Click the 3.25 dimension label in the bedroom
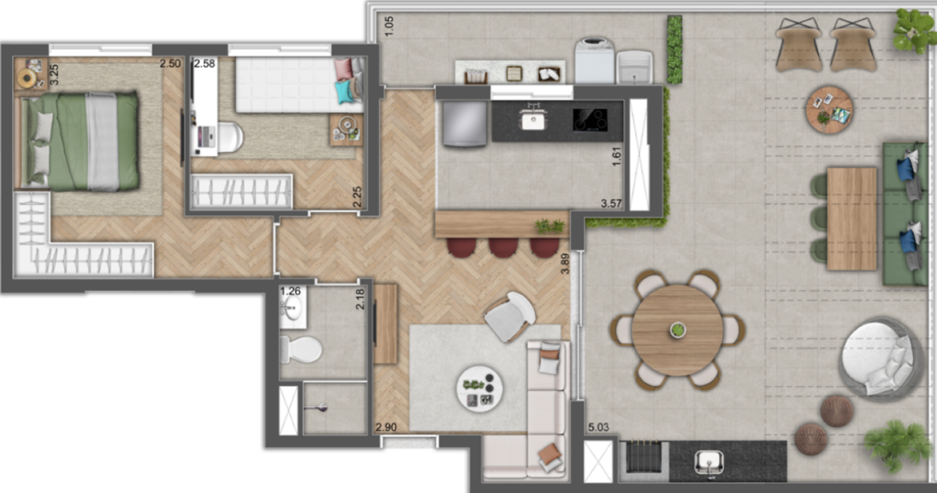click(x=54, y=74)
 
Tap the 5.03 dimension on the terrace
click(x=598, y=426)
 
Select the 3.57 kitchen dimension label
click(x=611, y=202)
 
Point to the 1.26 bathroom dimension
click(x=290, y=292)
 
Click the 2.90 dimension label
click(x=386, y=427)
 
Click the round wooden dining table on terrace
click(x=677, y=329)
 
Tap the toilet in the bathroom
click(x=301, y=348)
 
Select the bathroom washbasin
click(x=292, y=309)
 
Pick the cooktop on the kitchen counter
click(x=590, y=120)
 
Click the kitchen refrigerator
click(x=464, y=123)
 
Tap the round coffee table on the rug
click(x=479, y=389)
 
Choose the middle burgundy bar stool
click(x=503, y=247)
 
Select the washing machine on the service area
click(x=592, y=59)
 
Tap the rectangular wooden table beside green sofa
click(x=851, y=219)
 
